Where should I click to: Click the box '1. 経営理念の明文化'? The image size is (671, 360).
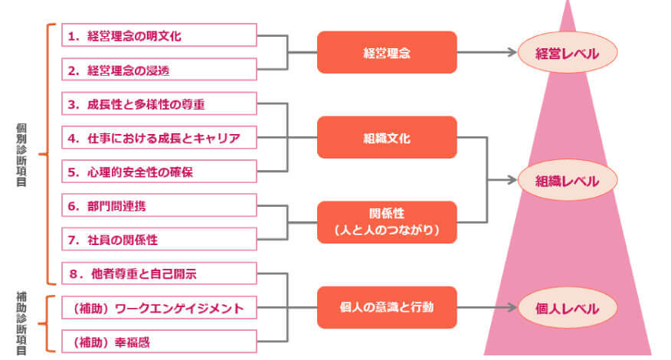tap(159, 35)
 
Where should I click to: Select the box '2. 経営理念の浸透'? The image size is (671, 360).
tap(159, 70)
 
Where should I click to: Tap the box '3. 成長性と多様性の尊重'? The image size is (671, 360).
tap(159, 103)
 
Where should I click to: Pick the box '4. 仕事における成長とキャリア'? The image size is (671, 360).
tap(159, 137)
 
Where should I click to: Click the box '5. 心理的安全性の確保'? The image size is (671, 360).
tap(159, 172)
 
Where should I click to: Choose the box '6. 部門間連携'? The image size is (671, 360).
tap(159, 205)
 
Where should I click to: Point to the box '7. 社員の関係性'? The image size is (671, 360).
tap(159, 239)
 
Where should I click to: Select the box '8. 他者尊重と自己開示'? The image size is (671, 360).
tap(159, 273)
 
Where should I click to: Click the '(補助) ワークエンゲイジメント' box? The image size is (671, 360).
tap(159, 307)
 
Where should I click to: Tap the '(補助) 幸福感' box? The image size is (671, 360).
tap(159, 342)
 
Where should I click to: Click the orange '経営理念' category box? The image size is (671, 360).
tap(387, 52)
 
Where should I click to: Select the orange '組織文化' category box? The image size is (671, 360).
tap(387, 137)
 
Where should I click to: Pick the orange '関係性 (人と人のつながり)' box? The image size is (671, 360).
tap(387, 222)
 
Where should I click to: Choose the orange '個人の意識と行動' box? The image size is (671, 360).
tap(387, 307)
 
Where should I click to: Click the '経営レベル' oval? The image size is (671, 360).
tap(568, 53)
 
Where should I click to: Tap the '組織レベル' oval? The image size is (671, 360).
tap(568, 180)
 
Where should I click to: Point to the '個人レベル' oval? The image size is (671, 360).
tap(568, 308)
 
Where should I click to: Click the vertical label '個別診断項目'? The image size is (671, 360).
tap(21, 155)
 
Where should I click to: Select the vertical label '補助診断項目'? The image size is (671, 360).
tap(21, 323)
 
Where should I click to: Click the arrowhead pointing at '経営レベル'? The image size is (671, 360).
tap(512, 52)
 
